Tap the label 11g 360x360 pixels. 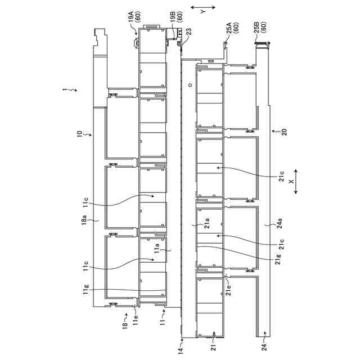point(85,290)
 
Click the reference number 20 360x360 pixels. point(284,132)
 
